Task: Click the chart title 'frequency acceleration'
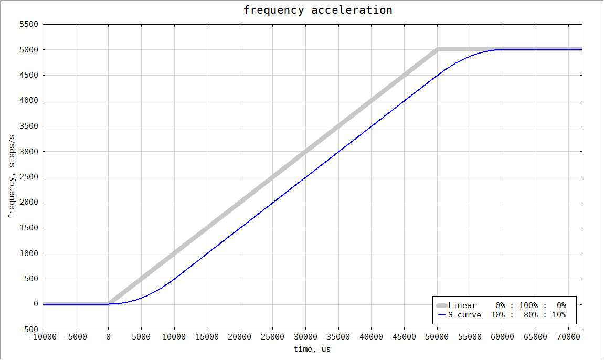pyautogui.click(x=317, y=10)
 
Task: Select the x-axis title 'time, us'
pyautogui.click(x=312, y=349)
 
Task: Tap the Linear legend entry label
pyautogui.click(x=462, y=305)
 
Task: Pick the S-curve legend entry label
pyautogui.click(x=464, y=315)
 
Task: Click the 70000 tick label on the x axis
pyautogui.click(x=569, y=337)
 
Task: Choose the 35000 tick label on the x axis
pyautogui.click(x=338, y=337)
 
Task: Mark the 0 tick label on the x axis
pyautogui.click(x=108, y=337)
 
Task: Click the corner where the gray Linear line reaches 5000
pyautogui.click(x=437, y=50)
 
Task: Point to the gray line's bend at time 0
pyautogui.click(x=109, y=303)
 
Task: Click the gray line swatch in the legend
pyautogui.click(x=441, y=305)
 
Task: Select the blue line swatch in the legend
pyautogui.click(x=441, y=315)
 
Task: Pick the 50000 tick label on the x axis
pyautogui.click(x=437, y=337)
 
